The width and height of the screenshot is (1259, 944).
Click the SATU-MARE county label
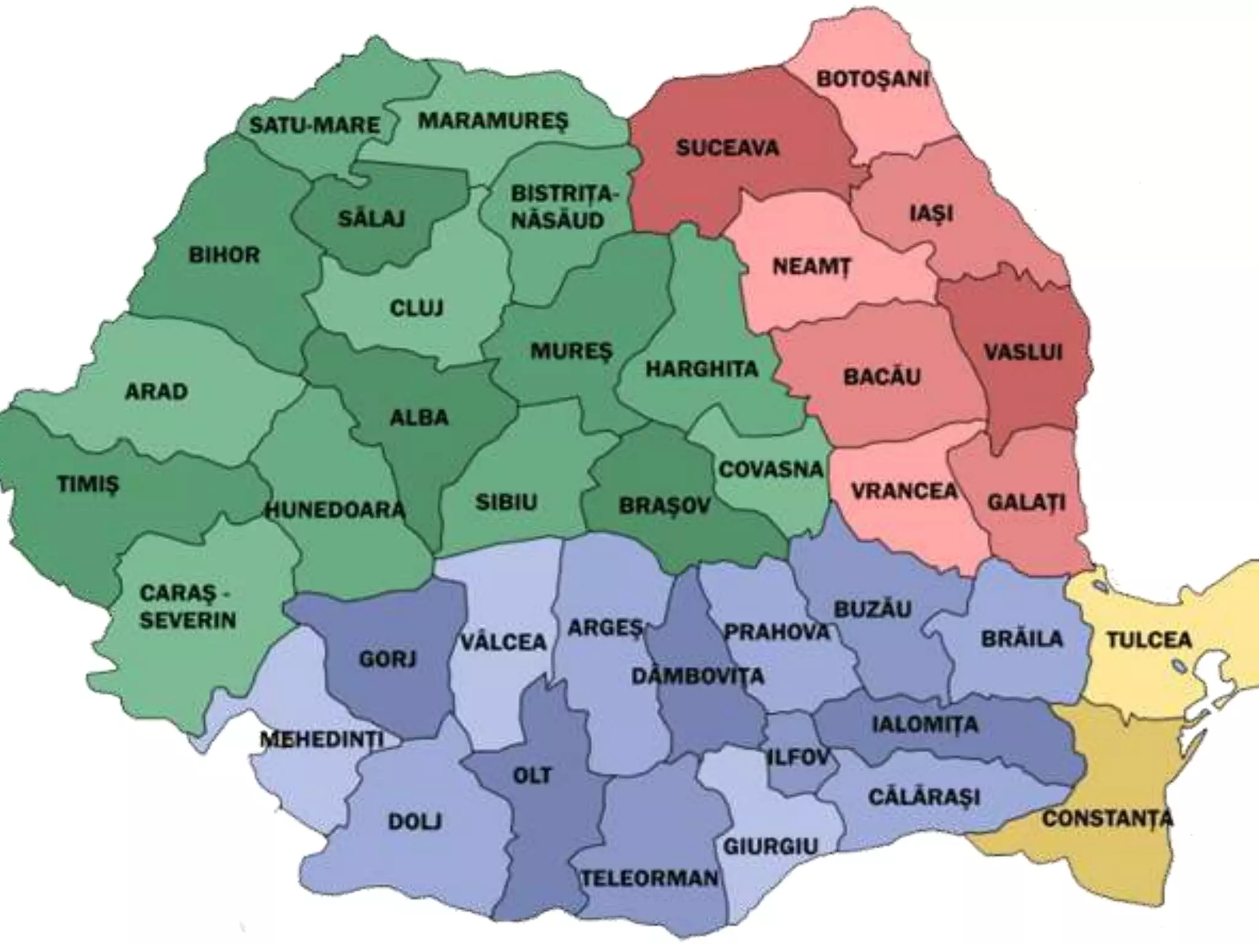click(314, 125)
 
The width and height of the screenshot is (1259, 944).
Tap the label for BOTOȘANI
click(872, 79)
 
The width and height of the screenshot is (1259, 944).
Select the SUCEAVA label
click(727, 147)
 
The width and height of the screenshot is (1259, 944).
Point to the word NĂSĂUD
click(558, 221)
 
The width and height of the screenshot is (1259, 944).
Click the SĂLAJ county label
click(371, 219)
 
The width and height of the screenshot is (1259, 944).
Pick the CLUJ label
click(416, 308)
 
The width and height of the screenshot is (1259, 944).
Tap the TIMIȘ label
click(89, 484)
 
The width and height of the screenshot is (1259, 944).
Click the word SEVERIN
click(187, 620)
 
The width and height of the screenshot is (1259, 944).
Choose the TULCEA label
click(1149, 640)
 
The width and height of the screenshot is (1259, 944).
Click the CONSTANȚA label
click(1107, 819)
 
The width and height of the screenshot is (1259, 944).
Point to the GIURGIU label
click(770, 847)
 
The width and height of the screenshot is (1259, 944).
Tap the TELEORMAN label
click(650, 878)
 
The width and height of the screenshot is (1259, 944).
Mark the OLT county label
click(532, 776)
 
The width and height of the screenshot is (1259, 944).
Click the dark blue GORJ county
click(387, 659)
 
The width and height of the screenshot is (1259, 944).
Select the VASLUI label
click(1023, 352)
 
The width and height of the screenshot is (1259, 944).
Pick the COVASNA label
click(770, 470)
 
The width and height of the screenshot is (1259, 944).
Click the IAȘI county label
click(931, 213)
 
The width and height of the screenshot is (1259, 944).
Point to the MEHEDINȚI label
click(322, 739)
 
